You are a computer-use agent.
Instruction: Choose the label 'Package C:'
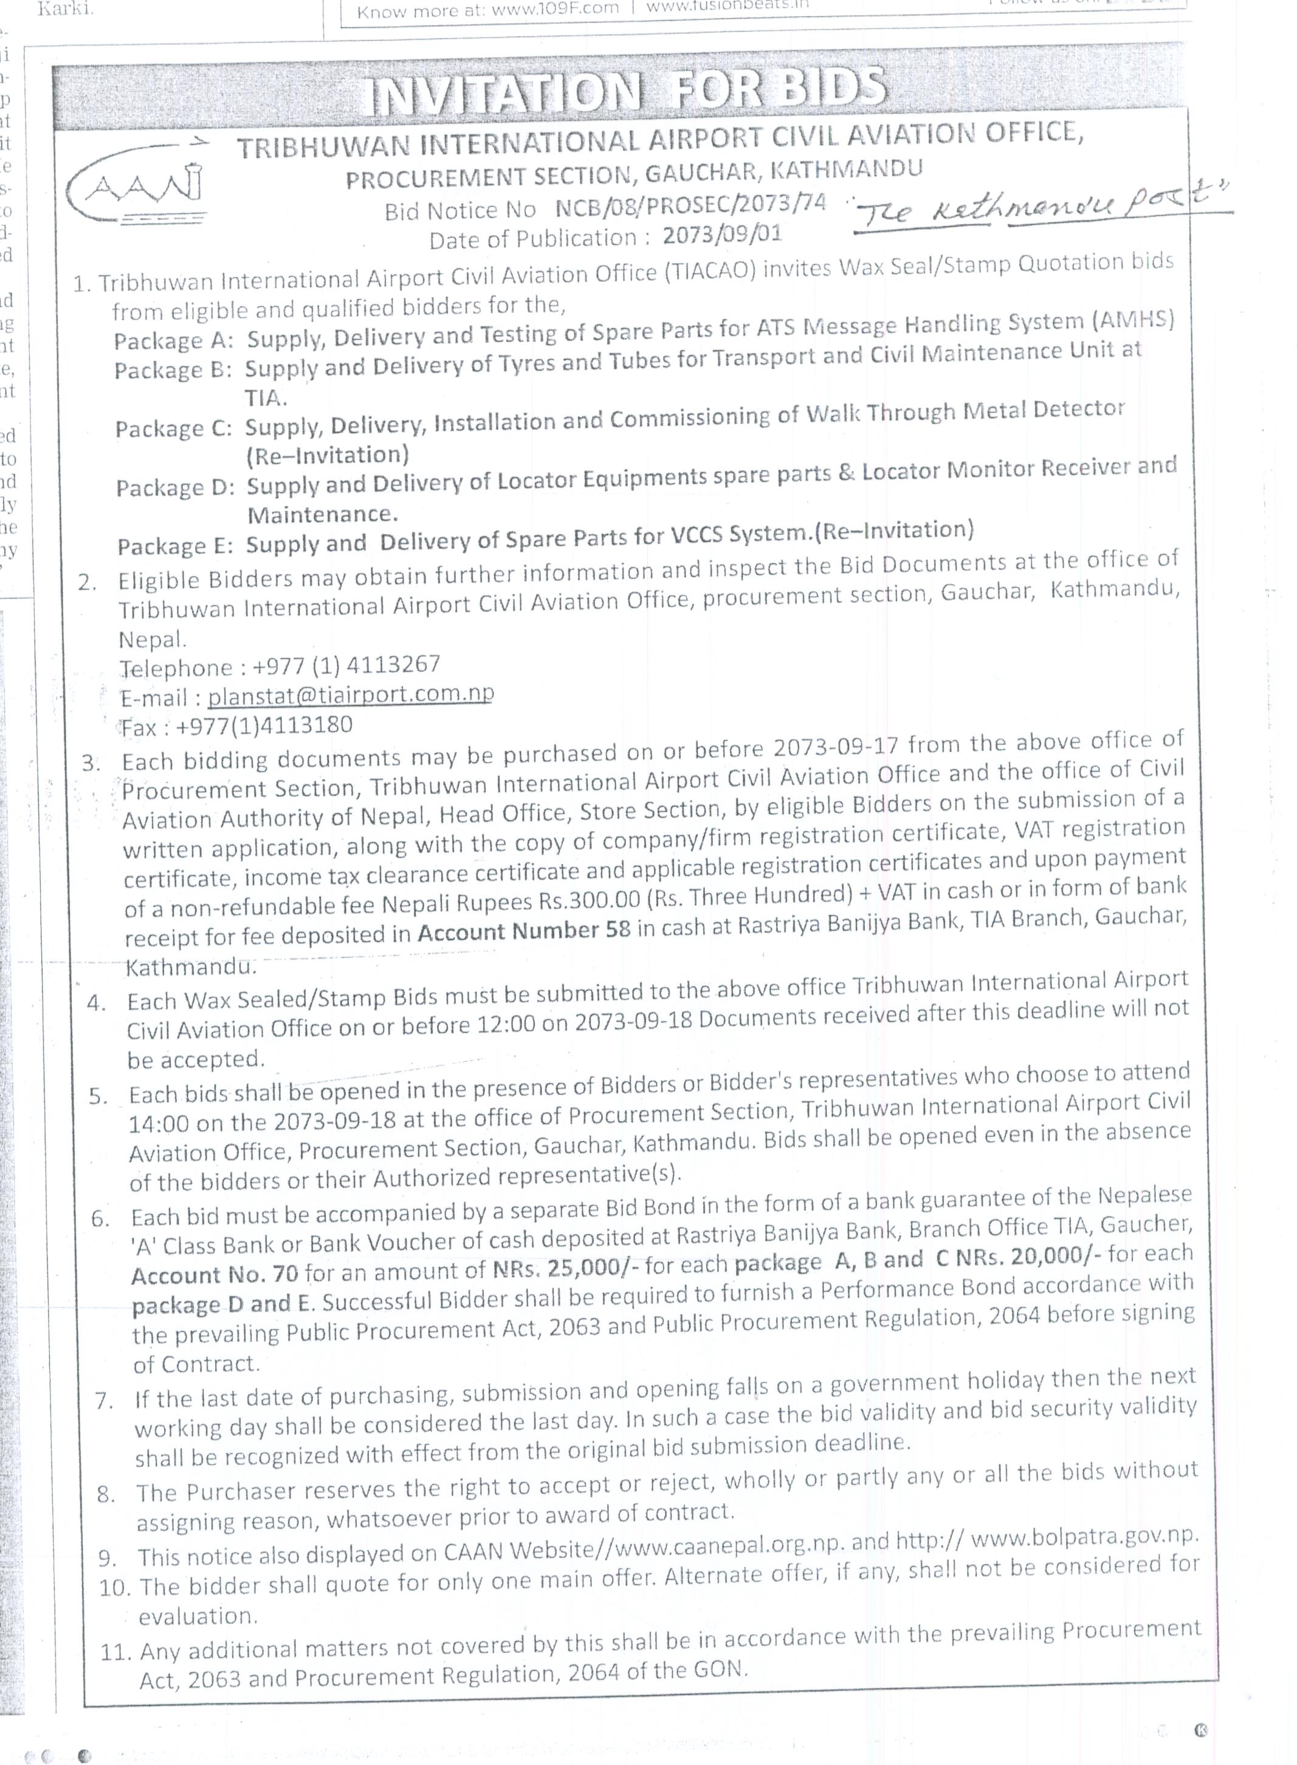pos(173,428)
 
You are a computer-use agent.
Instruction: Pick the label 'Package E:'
pos(175,546)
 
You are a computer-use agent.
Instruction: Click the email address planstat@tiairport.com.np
pos(350,694)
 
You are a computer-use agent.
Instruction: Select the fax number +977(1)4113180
pos(264,724)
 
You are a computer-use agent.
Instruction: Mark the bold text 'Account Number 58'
pos(524,931)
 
